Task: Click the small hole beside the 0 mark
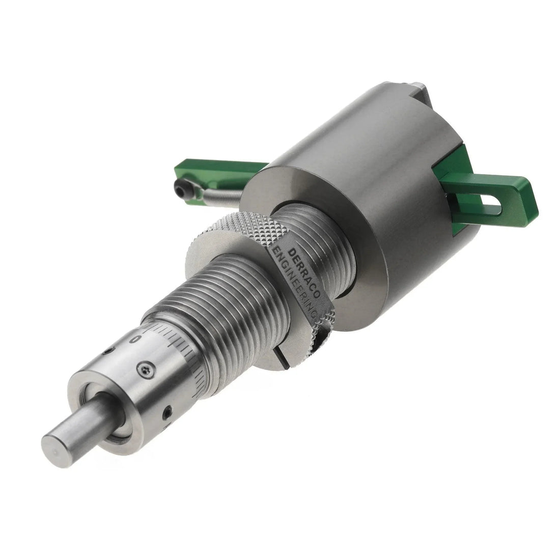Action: pos(106,351)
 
